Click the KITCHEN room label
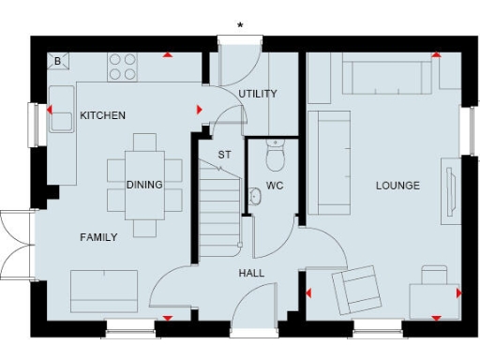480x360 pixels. (x=103, y=115)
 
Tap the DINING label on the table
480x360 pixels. (x=144, y=185)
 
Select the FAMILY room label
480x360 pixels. (x=98, y=237)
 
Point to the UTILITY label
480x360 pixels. (x=257, y=95)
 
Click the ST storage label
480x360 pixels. (x=225, y=154)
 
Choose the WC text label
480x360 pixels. (x=275, y=185)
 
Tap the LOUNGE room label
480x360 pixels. (x=397, y=185)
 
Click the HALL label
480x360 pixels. (x=251, y=273)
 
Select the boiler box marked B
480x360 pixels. (x=57, y=62)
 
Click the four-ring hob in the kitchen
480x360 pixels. (x=122, y=67)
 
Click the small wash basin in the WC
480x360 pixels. (x=254, y=196)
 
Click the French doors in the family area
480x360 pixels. (x=17, y=246)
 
